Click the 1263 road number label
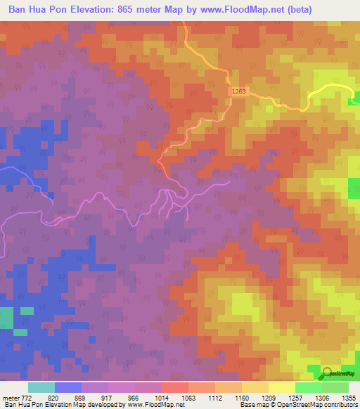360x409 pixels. pyautogui.click(x=238, y=91)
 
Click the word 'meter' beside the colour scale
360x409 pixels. pyautogui.click(x=11, y=398)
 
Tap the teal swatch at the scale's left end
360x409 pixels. pyautogui.click(x=41, y=387)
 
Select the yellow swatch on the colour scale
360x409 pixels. pyautogui.click(x=281, y=387)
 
